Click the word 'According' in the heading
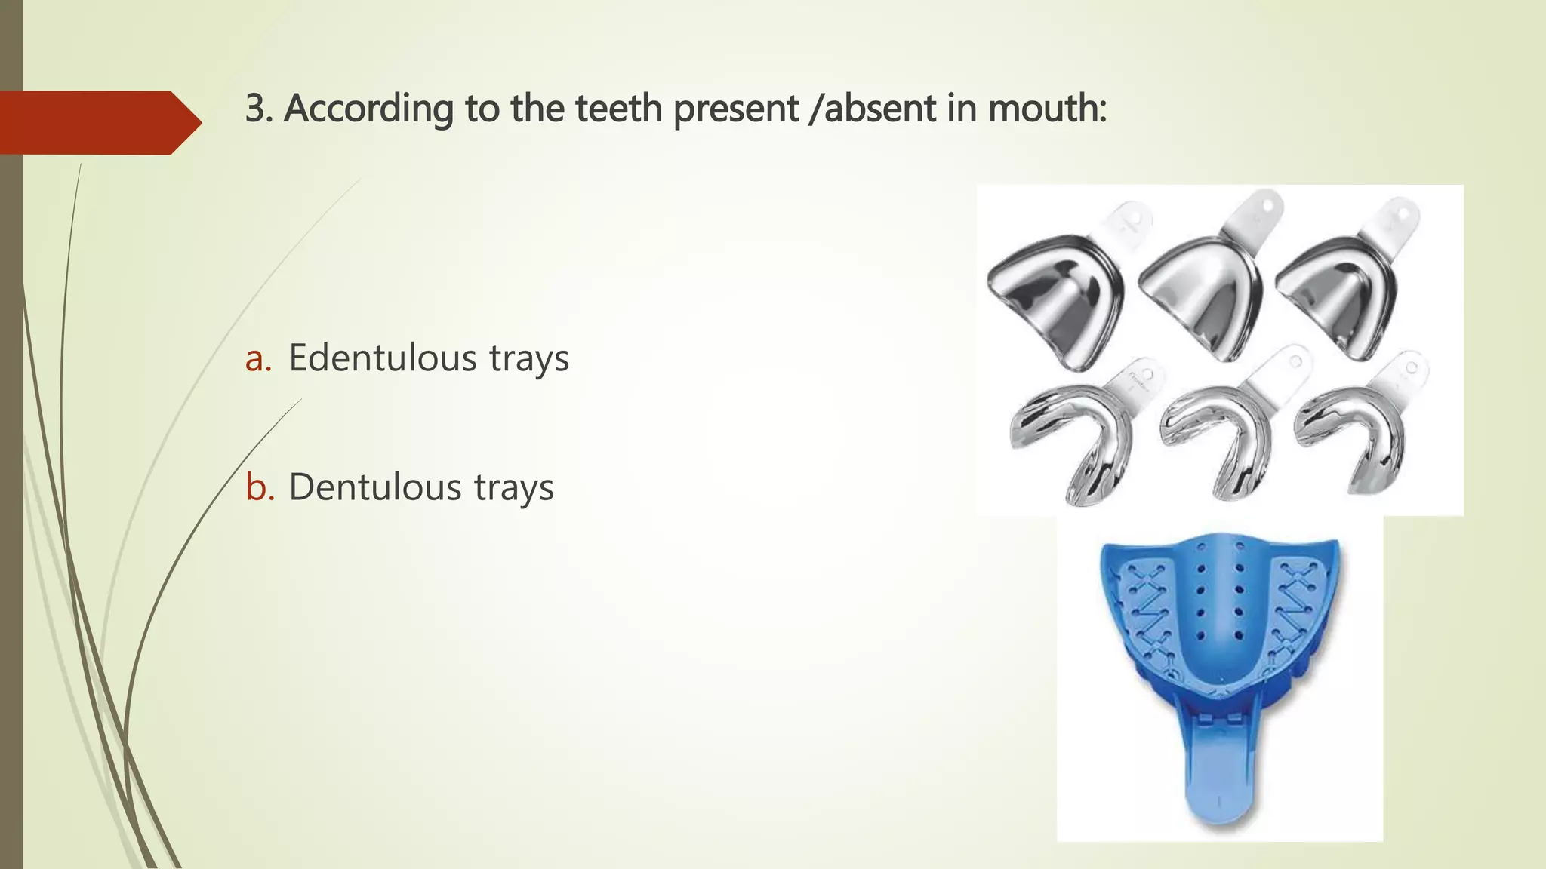tap(368, 109)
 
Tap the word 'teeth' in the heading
tap(619, 108)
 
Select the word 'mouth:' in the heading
tap(1047, 108)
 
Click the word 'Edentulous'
tap(383, 358)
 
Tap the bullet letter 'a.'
tap(258, 359)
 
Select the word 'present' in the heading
tap(735, 109)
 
